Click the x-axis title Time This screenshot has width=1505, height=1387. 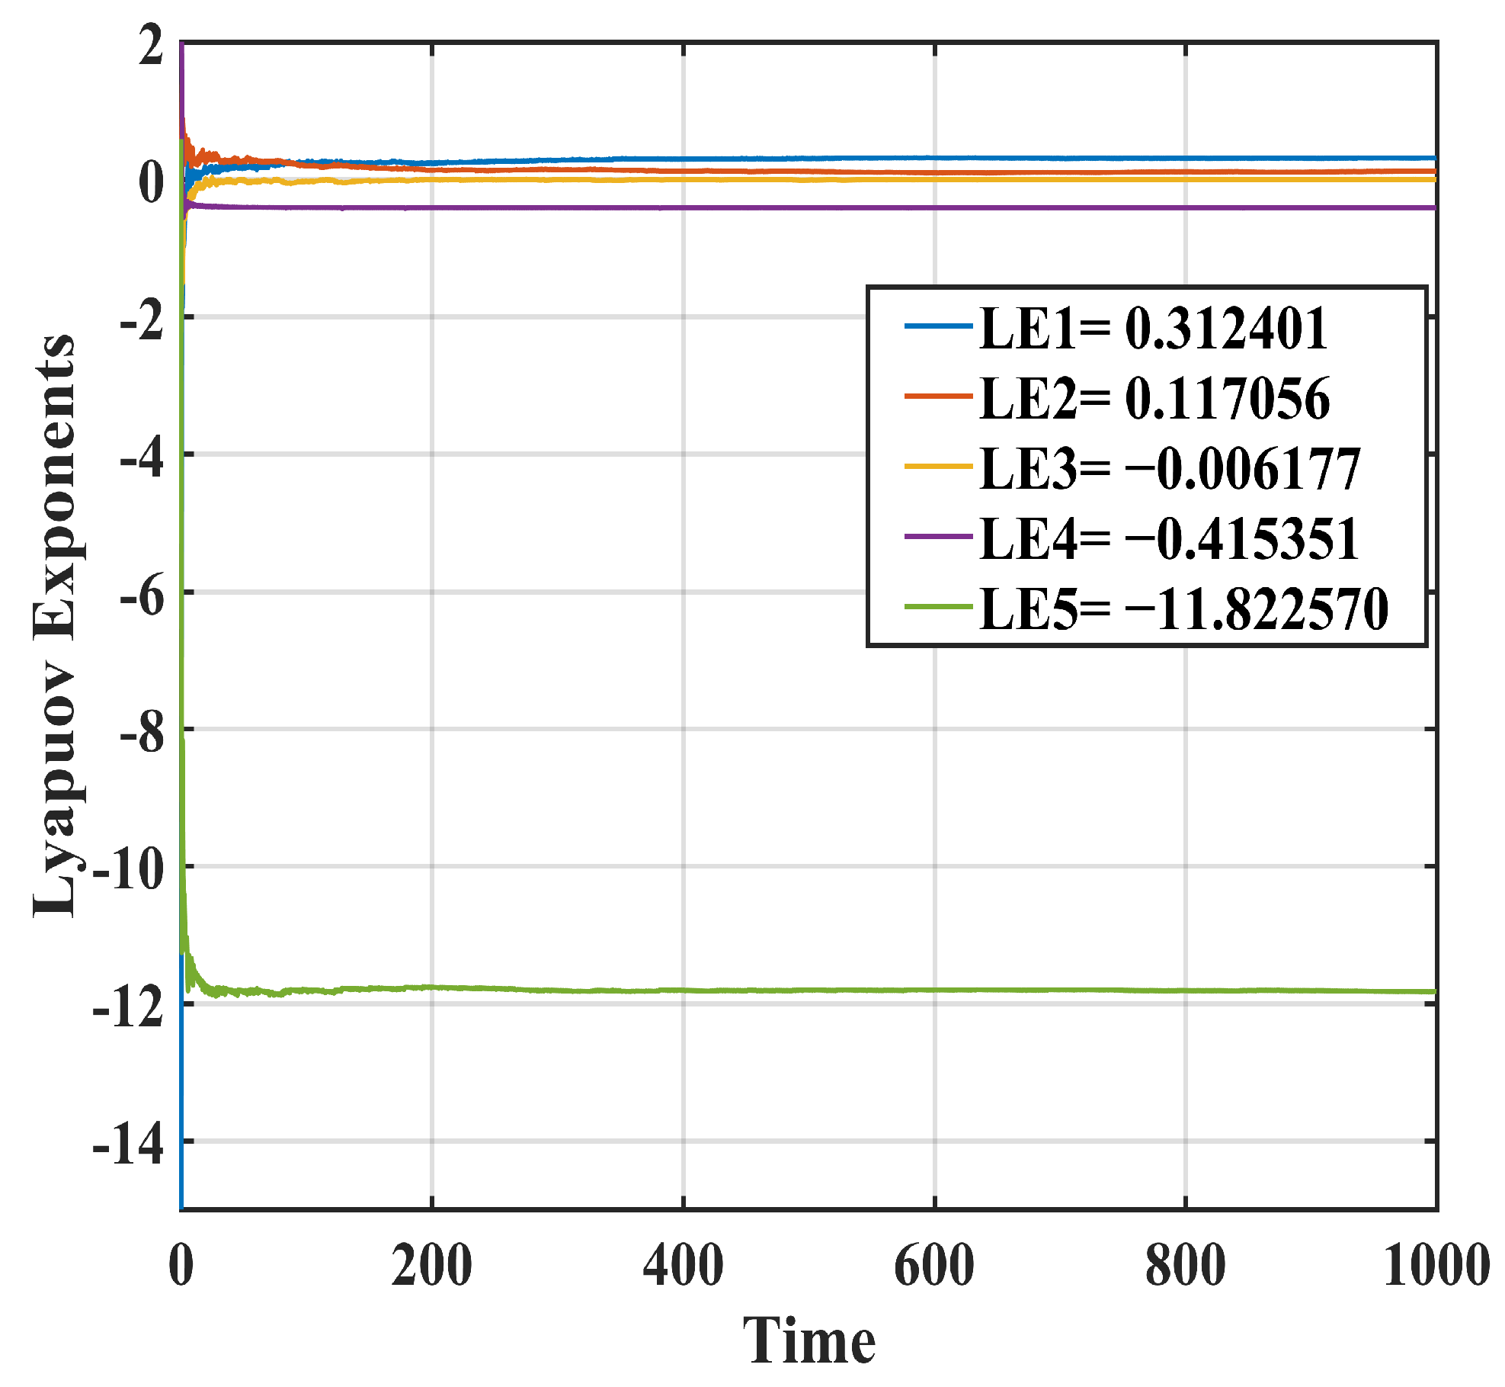[809, 1342]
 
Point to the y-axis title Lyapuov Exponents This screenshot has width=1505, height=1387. [55, 625]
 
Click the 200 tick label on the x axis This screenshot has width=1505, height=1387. [431, 1266]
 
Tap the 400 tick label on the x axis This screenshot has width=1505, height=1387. [683, 1266]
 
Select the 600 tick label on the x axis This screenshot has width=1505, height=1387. [934, 1266]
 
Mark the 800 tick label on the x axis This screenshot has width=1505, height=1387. [1185, 1266]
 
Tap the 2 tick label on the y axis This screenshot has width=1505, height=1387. [151, 46]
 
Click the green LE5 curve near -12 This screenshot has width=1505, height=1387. [762, 990]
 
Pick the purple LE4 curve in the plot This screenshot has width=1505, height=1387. [762, 207]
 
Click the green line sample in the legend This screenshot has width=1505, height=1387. [938, 608]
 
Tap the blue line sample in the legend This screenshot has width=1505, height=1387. [938, 326]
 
